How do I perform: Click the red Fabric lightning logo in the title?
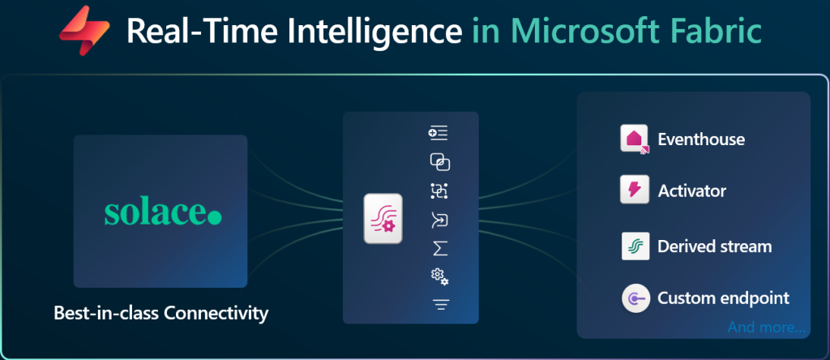pos(83,30)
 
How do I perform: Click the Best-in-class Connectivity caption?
pos(161,313)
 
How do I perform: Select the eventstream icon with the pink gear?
pos(383,219)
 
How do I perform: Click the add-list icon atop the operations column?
pos(439,134)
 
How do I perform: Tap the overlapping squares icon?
pos(439,162)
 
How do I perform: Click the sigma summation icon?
pos(440,248)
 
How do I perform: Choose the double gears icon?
pos(439,276)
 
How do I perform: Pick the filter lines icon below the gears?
pos(440,304)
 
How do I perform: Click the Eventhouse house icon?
pos(635,139)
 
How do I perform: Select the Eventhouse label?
pos(701,139)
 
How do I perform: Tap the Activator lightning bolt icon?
pos(635,190)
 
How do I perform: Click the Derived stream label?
pos(715,246)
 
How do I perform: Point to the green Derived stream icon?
pos(635,246)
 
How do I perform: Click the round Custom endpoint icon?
pos(635,298)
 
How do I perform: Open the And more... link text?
pos(767,327)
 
